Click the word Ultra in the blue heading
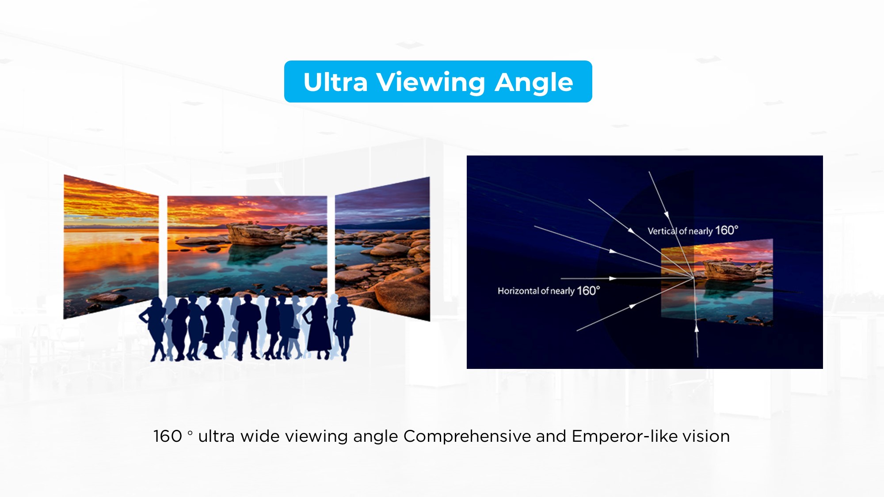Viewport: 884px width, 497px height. click(335, 82)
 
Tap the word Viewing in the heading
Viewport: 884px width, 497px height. click(431, 83)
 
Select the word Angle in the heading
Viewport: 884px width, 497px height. click(533, 83)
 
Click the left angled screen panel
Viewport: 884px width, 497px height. click(111, 247)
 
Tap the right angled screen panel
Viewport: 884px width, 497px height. click(382, 249)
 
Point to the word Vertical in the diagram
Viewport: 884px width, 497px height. click(662, 231)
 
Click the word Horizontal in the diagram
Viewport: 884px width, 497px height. click(518, 291)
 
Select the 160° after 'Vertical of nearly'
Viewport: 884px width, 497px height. click(727, 230)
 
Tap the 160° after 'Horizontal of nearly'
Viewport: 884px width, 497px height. click(588, 291)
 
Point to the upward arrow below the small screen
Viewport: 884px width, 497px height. click(697, 340)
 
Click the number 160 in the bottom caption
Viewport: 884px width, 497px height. click(168, 436)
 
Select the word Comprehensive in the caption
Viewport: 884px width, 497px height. click(467, 436)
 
